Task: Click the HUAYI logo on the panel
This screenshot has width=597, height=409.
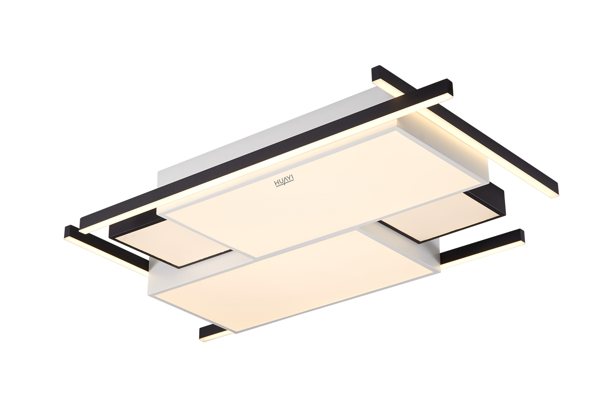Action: [284, 182]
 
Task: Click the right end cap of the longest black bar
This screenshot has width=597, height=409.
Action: [451, 88]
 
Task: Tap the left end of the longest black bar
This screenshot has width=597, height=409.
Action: [83, 226]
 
